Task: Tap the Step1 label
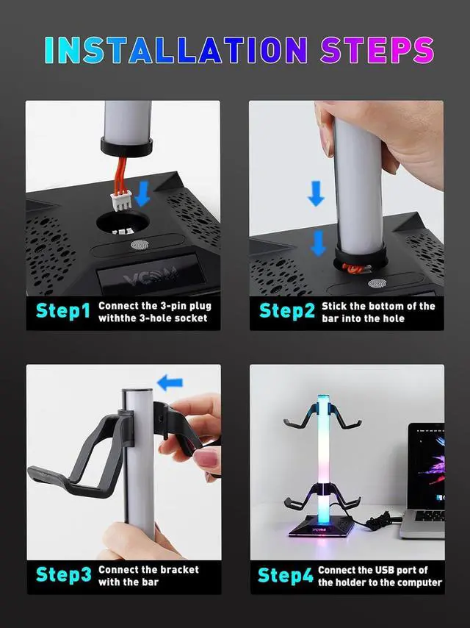[63, 311]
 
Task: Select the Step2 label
[286, 311]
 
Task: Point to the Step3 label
[63, 574]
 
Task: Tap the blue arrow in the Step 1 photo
[143, 193]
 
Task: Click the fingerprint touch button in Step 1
[139, 247]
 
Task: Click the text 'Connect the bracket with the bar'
[148, 576]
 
